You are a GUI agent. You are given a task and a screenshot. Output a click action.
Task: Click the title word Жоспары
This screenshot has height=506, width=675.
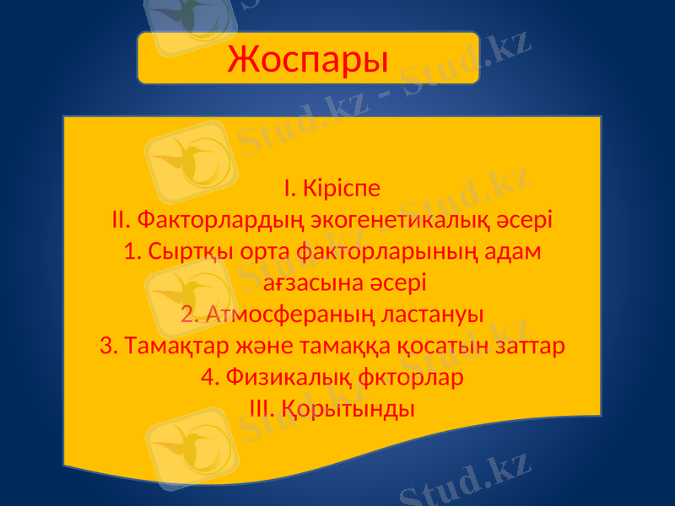(308, 59)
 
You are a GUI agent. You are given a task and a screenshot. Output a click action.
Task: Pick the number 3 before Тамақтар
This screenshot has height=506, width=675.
(106, 347)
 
